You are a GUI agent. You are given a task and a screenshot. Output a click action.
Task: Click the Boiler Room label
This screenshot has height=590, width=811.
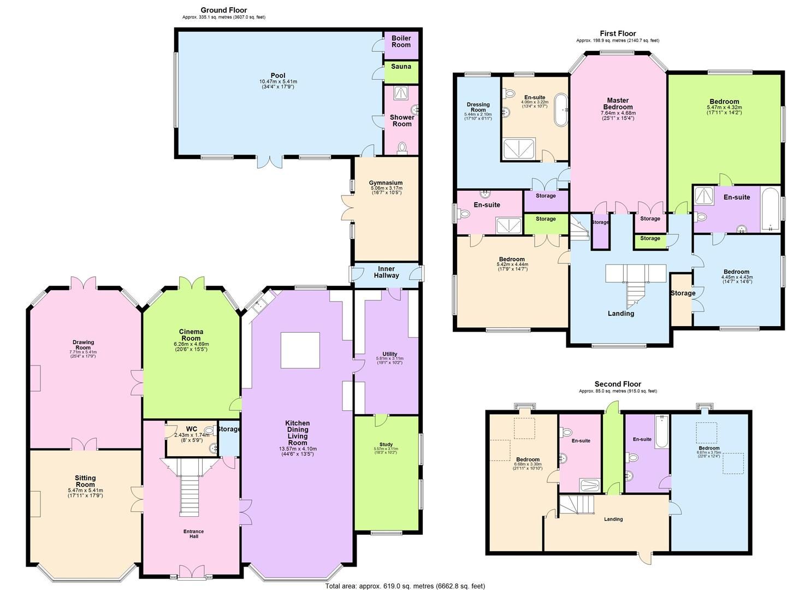401,42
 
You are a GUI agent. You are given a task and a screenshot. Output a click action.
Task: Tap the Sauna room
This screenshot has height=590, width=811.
401,67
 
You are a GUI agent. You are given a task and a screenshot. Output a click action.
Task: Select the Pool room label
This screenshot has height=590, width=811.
278,75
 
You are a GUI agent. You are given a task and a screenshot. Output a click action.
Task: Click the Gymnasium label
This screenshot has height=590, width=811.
386,183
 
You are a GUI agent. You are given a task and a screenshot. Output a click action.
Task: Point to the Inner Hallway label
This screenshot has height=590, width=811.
386,273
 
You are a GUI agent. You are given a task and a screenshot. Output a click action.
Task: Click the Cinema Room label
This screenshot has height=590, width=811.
191,335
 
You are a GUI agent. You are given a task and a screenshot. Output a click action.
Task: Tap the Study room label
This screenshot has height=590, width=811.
386,445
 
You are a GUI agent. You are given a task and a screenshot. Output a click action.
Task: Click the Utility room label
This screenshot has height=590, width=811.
389,354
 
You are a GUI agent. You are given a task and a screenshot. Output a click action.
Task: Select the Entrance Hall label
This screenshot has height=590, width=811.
193,534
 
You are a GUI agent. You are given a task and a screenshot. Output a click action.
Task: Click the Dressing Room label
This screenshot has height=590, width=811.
478,107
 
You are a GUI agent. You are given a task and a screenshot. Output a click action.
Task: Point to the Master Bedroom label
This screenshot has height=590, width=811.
618,104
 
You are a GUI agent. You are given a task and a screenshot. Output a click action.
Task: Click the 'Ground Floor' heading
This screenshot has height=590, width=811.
223,10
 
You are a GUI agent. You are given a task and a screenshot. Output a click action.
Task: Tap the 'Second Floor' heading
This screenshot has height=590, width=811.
618,384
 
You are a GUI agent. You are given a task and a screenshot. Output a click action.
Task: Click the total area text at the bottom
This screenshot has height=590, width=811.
405,586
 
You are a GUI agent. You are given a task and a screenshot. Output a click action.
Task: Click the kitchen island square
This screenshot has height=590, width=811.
300,350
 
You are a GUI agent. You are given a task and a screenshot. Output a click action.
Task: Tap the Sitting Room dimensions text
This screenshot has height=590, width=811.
85,493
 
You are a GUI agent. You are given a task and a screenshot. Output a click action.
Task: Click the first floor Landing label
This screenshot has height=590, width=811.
621,314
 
